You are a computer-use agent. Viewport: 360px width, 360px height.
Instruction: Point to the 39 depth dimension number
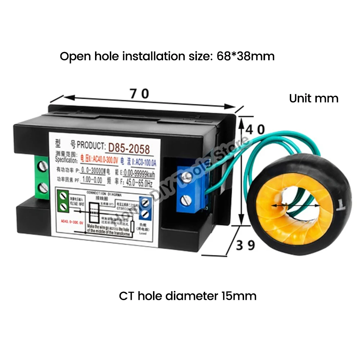(246, 245)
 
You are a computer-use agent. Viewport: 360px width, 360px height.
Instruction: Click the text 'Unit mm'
(314, 98)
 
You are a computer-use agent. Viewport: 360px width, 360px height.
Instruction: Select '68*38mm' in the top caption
(246, 56)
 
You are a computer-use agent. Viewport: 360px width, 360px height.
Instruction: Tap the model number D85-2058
(128, 148)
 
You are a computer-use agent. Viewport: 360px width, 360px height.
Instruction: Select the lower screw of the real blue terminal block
(186, 198)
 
